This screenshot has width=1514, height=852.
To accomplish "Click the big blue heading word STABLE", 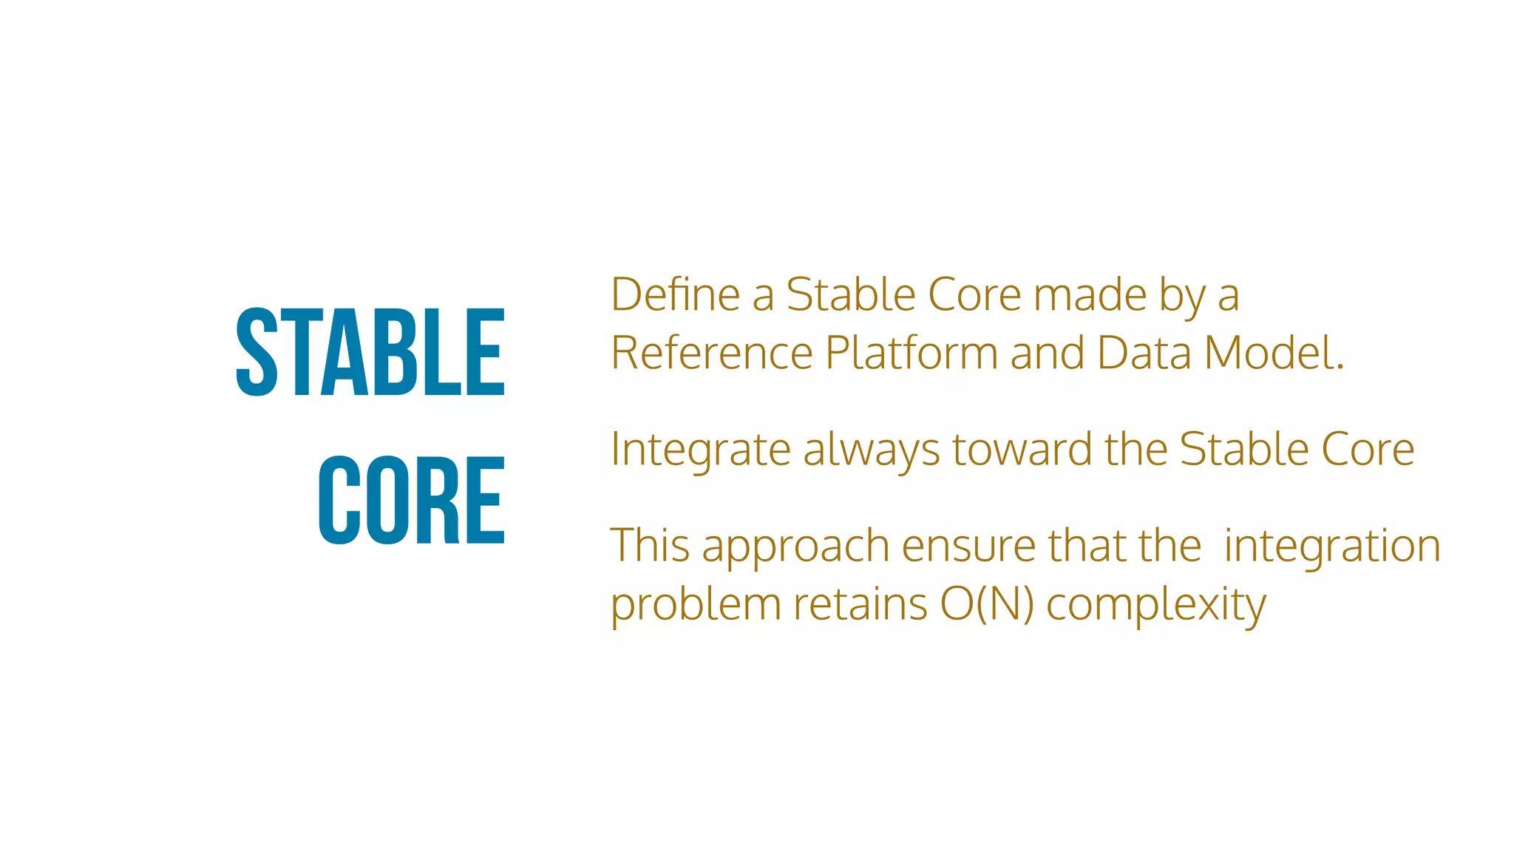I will click(x=370, y=352).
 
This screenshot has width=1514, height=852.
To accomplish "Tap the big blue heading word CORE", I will click(x=412, y=501).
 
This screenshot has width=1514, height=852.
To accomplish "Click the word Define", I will click(x=675, y=294).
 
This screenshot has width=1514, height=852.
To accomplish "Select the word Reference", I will click(x=712, y=353).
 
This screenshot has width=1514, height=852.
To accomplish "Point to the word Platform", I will click(x=912, y=353).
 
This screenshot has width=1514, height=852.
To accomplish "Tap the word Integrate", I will click(x=700, y=450).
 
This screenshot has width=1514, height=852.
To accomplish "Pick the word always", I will click(x=872, y=450).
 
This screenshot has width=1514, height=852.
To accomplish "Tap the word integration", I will click(x=1332, y=547).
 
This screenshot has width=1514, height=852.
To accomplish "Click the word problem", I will click(x=696, y=605).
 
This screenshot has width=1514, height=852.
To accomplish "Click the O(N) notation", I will click(x=987, y=604).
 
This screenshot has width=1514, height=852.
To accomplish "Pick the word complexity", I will click(x=1156, y=606).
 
